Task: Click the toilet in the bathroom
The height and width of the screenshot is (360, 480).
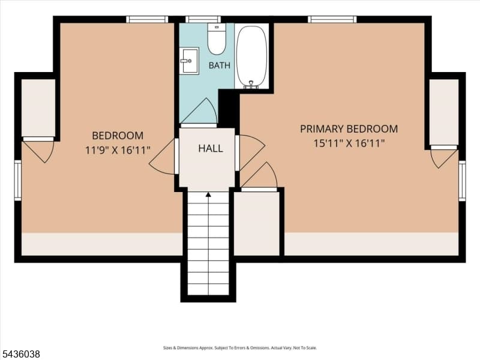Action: click(x=217, y=39)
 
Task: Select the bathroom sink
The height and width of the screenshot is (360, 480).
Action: click(x=189, y=61)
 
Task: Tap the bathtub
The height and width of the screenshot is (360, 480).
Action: click(x=252, y=56)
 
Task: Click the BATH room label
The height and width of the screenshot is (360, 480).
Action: click(x=219, y=65)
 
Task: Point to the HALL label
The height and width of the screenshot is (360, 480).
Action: click(x=211, y=148)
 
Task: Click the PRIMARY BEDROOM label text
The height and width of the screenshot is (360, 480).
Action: click(x=349, y=129)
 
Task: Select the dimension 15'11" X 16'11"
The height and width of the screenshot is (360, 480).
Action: click(x=349, y=143)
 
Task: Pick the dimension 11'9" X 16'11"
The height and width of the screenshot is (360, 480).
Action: click(x=118, y=151)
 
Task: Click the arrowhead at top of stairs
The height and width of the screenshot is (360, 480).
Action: click(x=208, y=194)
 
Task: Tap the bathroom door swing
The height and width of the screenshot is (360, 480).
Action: click(x=199, y=111)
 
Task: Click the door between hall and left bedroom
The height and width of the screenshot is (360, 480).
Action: click(x=162, y=157)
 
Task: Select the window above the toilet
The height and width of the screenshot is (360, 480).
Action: click(x=203, y=20)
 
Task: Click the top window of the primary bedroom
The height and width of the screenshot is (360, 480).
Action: click(x=332, y=20)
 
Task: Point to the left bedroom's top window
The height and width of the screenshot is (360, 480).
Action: click(x=147, y=20)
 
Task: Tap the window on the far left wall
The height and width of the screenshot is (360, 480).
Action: click(x=18, y=181)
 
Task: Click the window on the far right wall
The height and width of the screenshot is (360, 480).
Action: click(x=462, y=181)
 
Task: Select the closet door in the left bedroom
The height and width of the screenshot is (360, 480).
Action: click(x=38, y=149)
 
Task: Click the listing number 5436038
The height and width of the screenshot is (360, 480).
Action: click(x=20, y=354)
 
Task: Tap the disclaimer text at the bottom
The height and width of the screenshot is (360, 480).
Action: click(x=239, y=348)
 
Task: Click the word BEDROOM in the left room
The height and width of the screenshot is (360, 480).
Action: click(x=118, y=136)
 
